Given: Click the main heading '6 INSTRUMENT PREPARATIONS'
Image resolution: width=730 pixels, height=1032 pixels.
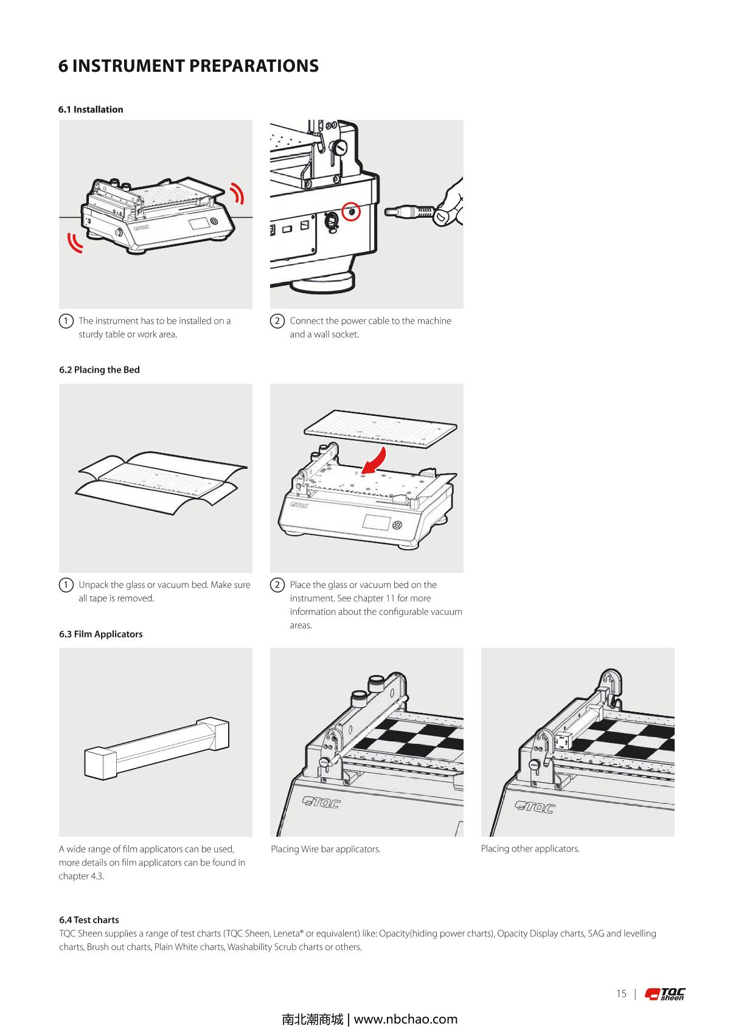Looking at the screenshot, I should click(188, 66).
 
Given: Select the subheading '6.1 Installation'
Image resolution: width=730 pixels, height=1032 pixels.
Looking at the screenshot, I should click(91, 109).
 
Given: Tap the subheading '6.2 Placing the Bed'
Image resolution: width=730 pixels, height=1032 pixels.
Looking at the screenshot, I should click(99, 370).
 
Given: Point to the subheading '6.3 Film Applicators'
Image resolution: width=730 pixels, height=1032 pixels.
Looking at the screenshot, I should click(100, 634).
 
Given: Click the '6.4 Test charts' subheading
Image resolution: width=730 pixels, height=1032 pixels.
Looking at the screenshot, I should click(89, 919).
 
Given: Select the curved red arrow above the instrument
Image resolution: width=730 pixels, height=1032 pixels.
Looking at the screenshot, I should click(376, 459).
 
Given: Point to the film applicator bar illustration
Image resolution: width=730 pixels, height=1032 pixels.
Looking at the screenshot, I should click(156, 748).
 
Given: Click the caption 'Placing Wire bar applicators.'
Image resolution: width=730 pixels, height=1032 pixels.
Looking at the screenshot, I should click(325, 849).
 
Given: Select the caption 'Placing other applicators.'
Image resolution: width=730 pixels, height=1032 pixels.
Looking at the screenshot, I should click(530, 848).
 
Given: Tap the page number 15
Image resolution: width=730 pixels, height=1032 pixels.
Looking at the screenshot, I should click(620, 994).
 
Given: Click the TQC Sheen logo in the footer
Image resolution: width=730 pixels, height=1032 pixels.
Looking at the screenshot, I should click(666, 994).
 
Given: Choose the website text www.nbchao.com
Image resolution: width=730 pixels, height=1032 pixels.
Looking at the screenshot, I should click(405, 1019).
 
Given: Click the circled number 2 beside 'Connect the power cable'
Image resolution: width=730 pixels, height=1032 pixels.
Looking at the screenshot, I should click(277, 321).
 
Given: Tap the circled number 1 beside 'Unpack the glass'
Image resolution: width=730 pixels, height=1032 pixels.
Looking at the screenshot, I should click(66, 585).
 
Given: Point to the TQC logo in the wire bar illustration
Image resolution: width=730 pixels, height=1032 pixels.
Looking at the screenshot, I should click(322, 803).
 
